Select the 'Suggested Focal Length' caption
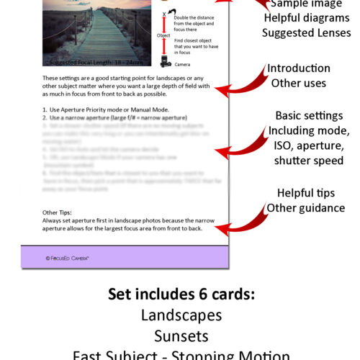(94, 63)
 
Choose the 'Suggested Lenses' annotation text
(306, 33)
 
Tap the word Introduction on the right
(299, 68)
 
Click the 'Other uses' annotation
(299, 84)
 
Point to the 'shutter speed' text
(309, 161)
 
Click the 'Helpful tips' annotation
(306, 193)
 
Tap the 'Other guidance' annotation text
(306, 208)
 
